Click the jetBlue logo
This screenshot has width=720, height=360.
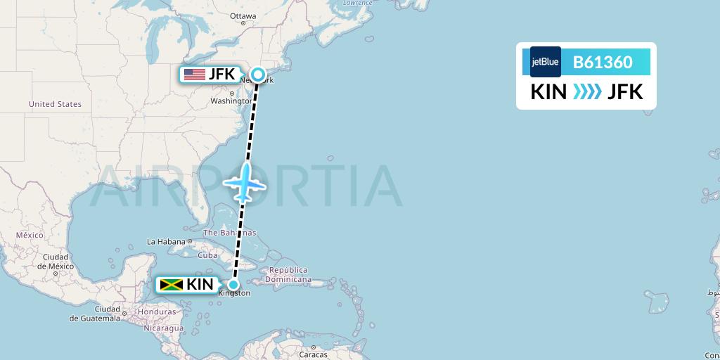[546, 62]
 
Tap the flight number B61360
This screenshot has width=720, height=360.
[603, 62]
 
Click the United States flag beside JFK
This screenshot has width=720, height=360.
[194, 74]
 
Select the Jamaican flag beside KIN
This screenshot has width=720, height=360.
[171, 285]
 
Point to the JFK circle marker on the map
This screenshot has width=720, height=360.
[259, 75]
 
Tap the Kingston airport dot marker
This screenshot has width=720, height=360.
[233, 285]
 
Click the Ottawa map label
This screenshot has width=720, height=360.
[243, 15]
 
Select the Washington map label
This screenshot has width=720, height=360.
[230, 101]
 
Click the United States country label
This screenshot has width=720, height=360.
[55, 104]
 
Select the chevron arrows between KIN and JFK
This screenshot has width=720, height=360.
[587, 92]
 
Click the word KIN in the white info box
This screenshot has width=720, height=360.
[548, 92]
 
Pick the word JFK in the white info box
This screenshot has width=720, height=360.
[625, 92]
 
